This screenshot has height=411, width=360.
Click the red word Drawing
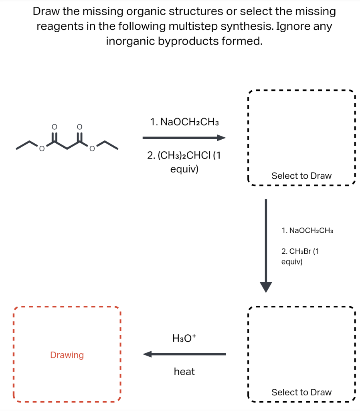click(67, 355)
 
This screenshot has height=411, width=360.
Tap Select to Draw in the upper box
click(301, 176)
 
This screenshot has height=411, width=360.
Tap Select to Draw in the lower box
click(301, 392)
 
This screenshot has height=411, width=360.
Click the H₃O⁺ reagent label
click(184, 338)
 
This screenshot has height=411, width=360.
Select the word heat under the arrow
click(184, 372)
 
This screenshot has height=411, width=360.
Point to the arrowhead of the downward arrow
click(266, 287)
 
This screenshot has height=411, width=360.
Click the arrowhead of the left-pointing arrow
click(148, 354)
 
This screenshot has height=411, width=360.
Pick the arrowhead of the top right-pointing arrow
click(222, 138)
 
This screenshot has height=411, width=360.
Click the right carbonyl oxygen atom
click(79, 126)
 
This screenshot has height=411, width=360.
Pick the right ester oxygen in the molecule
click(92, 150)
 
